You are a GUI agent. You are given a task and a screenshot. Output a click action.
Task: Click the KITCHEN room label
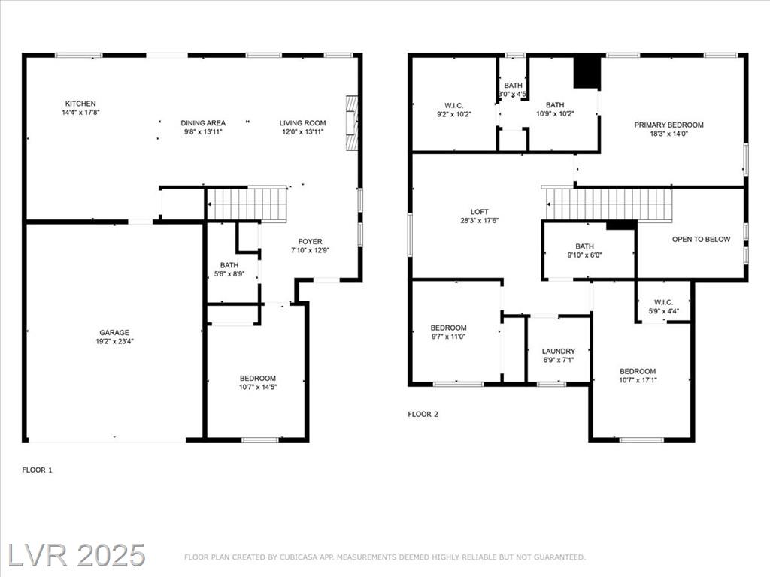pos(80,104)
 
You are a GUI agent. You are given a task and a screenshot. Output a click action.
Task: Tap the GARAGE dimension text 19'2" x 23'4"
pos(114,342)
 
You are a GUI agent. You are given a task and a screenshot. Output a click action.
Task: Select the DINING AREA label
pos(203,123)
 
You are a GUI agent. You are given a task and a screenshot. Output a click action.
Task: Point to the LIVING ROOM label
pos(302,123)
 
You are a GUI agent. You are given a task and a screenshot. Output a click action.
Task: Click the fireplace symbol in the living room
pos(352,122)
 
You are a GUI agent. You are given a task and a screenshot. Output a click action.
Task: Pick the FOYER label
pos(310,241)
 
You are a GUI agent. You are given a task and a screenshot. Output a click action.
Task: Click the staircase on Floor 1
pos(247,204)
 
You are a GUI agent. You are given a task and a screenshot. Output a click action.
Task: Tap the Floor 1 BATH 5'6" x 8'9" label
pos(229,270)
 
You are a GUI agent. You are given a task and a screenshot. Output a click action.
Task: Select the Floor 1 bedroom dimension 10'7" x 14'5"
pos(258,387)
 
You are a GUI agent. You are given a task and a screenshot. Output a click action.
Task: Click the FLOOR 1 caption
pos(37,470)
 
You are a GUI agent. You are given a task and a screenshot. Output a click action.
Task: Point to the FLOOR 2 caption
pos(423,414)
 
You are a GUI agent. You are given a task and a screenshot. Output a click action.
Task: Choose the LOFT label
pos(479,211)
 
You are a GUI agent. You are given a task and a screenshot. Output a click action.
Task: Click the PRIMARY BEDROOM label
pos(668,125)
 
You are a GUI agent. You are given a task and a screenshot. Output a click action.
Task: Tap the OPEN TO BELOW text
pos(701,240)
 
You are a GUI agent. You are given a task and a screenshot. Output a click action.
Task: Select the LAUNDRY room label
pos(559,352)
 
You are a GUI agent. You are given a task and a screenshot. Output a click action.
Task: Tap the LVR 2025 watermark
pos(77,555)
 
